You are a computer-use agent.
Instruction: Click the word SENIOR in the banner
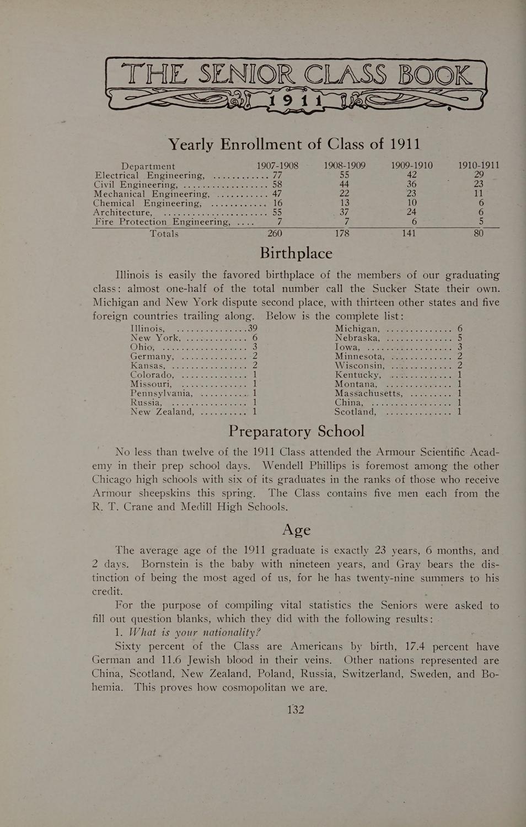pyautogui.click(x=249, y=76)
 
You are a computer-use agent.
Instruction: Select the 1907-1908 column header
pyautogui.click(x=277, y=165)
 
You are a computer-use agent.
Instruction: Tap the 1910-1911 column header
pyautogui.click(x=479, y=165)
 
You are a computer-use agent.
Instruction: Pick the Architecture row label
pyautogui.click(x=122, y=212)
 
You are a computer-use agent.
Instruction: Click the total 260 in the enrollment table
pyautogui.click(x=275, y=234)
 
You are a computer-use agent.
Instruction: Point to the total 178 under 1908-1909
pyautogui.click(x=342, y=234)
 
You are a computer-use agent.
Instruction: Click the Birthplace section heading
pyautogui.click(x=296, y=253)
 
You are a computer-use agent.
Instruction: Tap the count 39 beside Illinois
pyautogui.click(x=253, y=329)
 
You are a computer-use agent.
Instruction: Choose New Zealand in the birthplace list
pyautogui.click(x=162, y=411)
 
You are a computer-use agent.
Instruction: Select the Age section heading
pyautogui.click(x=296, y=529)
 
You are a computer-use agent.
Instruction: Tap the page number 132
pyautogui.click(x=296, y=710)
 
